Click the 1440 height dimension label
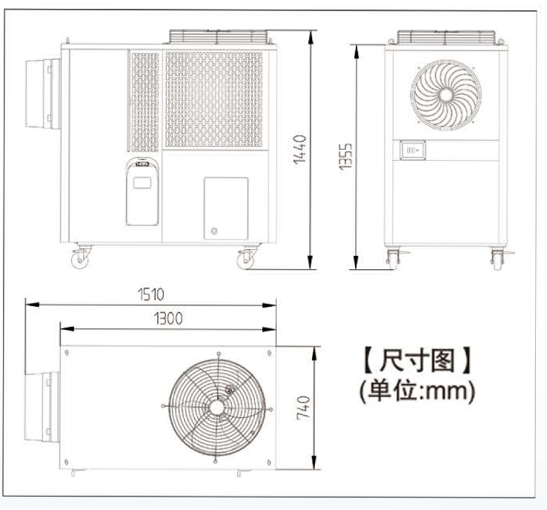[x=299, y=150]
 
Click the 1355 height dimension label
[x=345, y=157]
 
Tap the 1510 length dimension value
[x=151, y=294]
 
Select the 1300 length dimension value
[x=168, y=319]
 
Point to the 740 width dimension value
[x=303, y=408]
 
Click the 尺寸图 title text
[x=417, y=360]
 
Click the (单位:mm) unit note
[x=417, y=391]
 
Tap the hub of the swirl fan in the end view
[x=446, y=95]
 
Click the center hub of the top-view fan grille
[x=216, y=407]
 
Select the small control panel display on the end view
[x=412, y=150]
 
